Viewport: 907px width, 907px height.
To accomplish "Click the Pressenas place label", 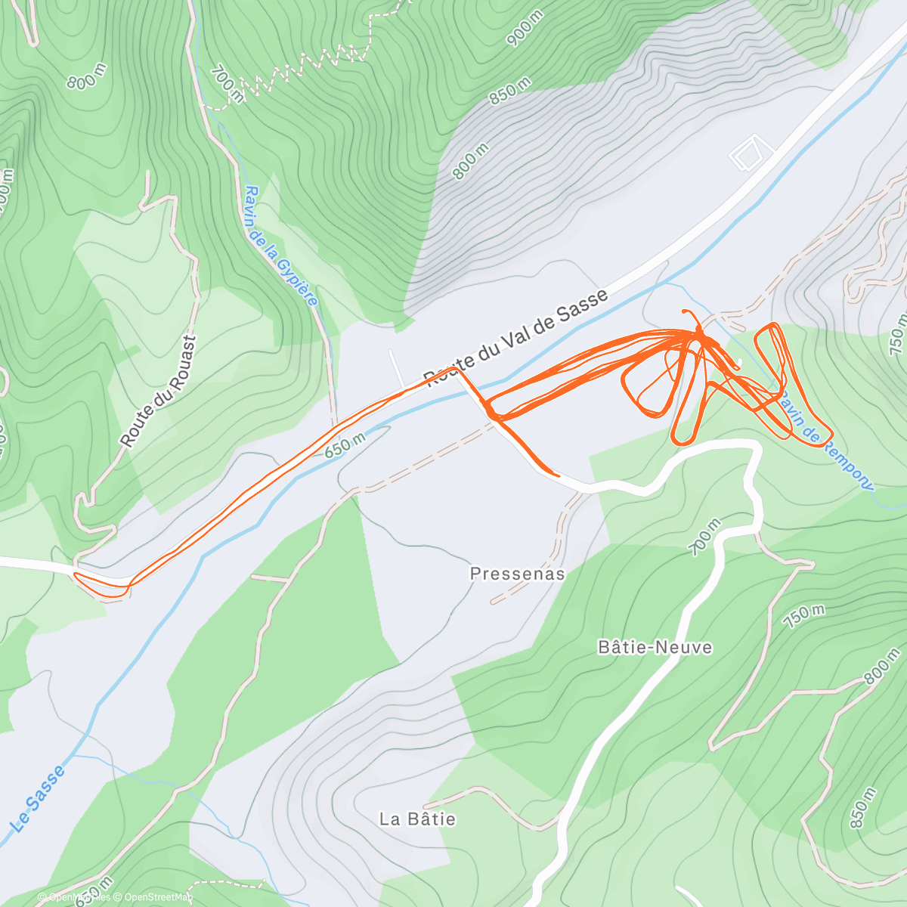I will click(517, 574).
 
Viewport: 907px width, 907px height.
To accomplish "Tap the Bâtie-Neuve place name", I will click(655, 647).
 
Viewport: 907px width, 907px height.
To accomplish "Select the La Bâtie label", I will click(417, 819).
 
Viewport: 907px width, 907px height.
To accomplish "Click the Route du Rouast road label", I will click(158, 391).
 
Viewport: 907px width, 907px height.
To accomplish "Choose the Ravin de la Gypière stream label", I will click(281, 246).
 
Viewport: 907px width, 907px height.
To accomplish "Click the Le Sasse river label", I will click(39, 798).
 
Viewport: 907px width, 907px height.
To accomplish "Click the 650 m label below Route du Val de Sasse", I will click(345, 446).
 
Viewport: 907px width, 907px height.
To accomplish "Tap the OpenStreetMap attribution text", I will click(158, 897).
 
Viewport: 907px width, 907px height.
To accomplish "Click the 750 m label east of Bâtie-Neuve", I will click(803, 617).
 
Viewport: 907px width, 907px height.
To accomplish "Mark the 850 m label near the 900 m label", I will click(510, 91).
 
